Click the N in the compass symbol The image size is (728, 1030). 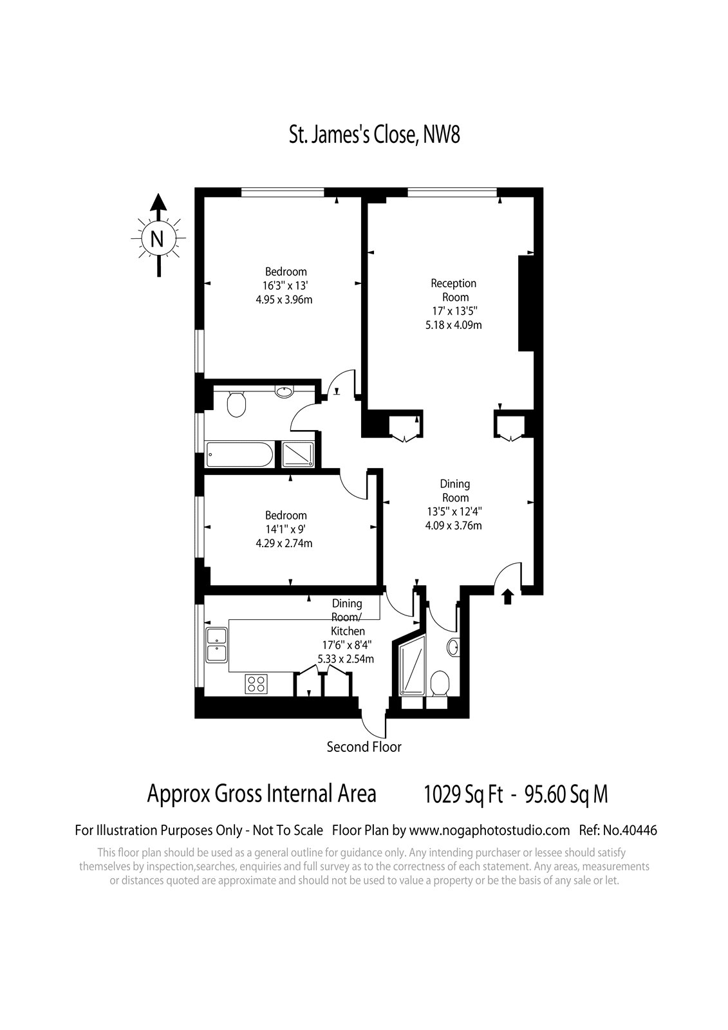pyautogui.click(x=157, y=239)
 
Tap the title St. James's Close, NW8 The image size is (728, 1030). pyautogui.click(x=375, y=135)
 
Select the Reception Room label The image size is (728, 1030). pyautogui.click(x=453, y=290)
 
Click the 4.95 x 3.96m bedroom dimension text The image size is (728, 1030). pyautogui.click(x=285, y=300)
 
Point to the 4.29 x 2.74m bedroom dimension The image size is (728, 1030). pyautogui.click(x=285, y=543)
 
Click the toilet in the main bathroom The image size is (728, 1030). pyautogui.click(x=236, y=404)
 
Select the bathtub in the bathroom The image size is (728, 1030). pyautogui.click(x=239, y=454)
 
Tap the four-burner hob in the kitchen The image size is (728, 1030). pyautogui.click(x=257, y=683)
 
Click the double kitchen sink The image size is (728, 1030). pyautogui.click(x=217, y=645)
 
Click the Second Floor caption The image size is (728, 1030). pyautogui.click(x=364, y=747)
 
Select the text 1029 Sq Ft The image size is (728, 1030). pyautogui.click(x=463, y=794)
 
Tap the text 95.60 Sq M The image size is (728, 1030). pyautogui.click(x=566, y=794)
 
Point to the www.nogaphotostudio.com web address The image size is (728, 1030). pyautogui.click(x=489, y=831)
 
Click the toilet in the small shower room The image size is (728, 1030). pyautogui.click(x=440, y=682)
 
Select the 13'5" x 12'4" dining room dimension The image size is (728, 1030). pyautogui.click(x=454, y=511)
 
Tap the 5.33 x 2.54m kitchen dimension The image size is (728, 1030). pyautogui.click(x=346, y=659)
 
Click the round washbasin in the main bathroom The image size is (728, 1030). pyautogui.click(x=285, y=392)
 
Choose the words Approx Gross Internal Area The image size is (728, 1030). pyautogui.click(x=262, y=794)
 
